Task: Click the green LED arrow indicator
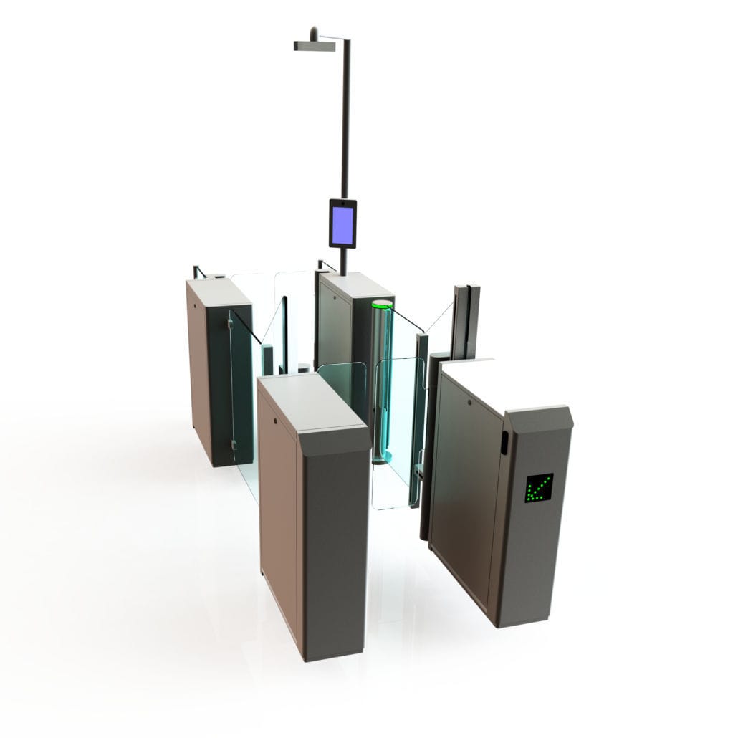pyautogui.click(x=538, y=487)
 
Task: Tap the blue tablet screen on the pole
pyautogui.click(x=342, y=224)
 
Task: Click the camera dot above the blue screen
pyautogui.click(x=342, y=203)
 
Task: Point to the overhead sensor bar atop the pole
pyautogui.click(x=314, y=46)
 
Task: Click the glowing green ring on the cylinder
pyautogui.click(x=382, y=305)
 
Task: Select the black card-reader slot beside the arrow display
pyautogui.click(x=504, y=442)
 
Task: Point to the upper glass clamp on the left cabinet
pyautogui.click(x=230, y=324)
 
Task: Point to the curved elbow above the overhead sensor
pyautogui.click(x=314, y=32)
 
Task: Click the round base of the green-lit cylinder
pyautogui.click(x=380, y=456)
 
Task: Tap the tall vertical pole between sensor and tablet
pyautogui.click(x=345, y=122)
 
